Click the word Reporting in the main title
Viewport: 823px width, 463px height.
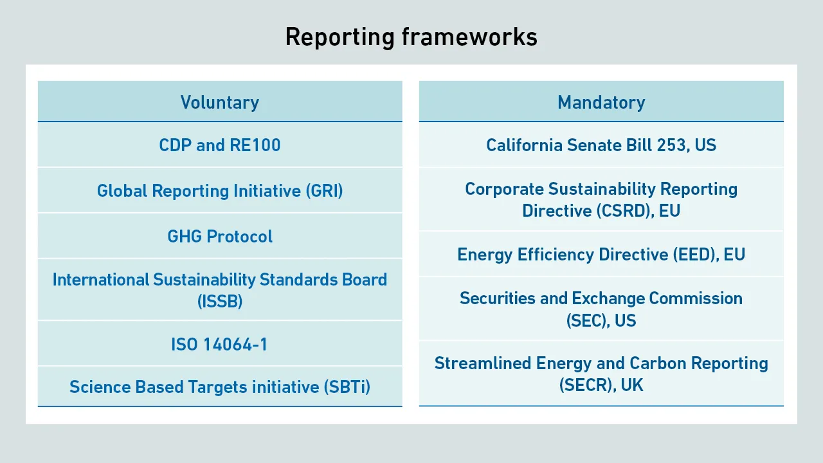point(340,37)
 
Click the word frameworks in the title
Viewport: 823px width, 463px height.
point(469,37)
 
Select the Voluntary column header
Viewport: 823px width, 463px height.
point(220,102)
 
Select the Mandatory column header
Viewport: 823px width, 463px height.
point(601,102)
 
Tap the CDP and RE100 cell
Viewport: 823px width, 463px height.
point(220,145)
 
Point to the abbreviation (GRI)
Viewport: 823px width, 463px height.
point(325,191)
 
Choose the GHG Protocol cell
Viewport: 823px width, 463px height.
point(220,236)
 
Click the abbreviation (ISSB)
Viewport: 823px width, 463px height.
point(220,302)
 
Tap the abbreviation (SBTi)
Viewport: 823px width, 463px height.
point(347,387)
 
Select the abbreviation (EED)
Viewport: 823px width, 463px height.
point(696,255)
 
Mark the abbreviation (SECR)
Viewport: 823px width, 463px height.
point(588,385)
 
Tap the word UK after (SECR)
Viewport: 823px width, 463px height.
point(632,385)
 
